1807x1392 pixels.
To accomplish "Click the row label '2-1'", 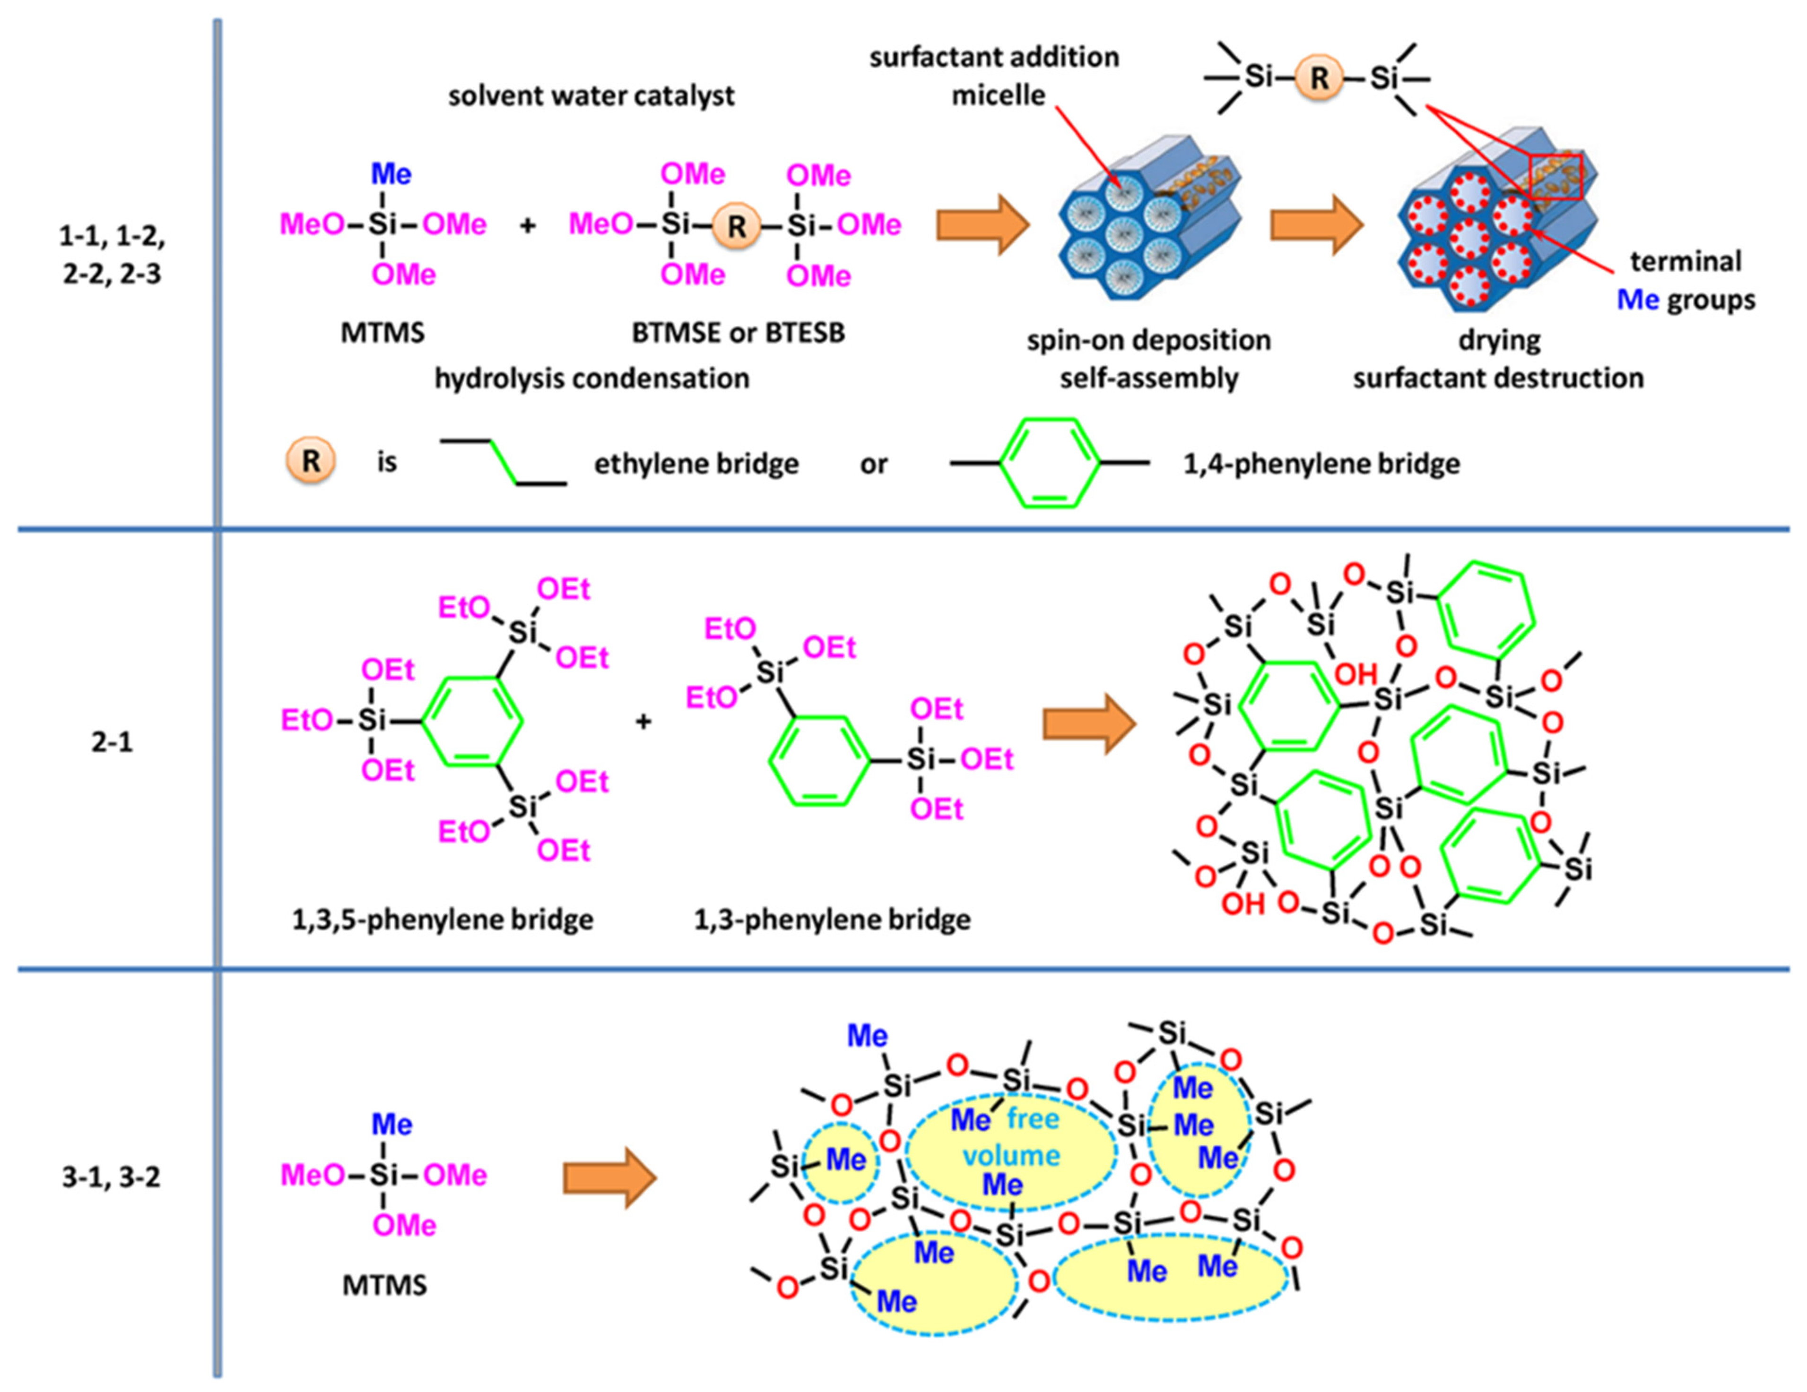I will [x=112, y=742].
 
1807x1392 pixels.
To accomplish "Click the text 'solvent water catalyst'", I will [x=591, y=96].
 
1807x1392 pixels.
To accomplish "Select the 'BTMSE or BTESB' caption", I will [x=738, y=333].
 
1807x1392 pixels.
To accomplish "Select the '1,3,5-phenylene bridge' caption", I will [x=443, y=919].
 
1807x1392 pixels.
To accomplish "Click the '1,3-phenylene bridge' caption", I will [x=832, y=919].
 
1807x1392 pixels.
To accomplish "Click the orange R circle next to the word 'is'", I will [x=310, y=462].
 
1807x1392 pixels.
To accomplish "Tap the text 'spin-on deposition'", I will [x=1148, y=340].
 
